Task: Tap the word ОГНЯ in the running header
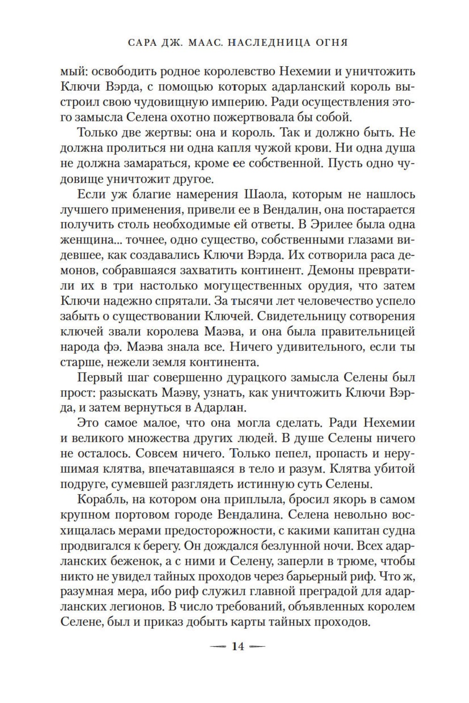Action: click(327, 44)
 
